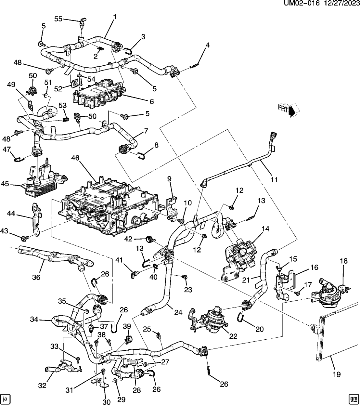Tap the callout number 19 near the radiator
(x=337, y=374)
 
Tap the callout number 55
(x=58, y=19)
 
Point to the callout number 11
(x=274, y=179)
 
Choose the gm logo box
(x=353, y=398)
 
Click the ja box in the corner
(x=6, y=398)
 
